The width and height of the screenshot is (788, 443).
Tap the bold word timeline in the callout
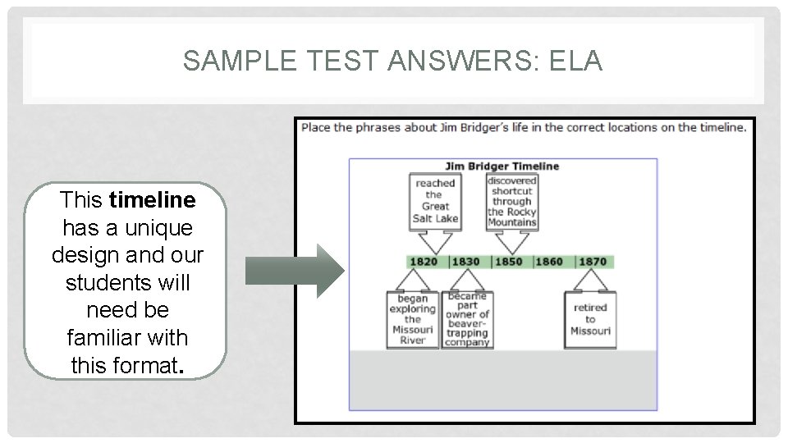pyautogui.click(x=152, y=200)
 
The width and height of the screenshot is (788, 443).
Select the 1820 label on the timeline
pyautogui.click(x=424, y=262)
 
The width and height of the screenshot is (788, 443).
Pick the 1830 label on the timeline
pyautogui.click(x=465, y=262)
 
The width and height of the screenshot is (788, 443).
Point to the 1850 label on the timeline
pyautogui.click(x=508, y=262)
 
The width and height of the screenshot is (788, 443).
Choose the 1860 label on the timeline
pyautogui.click(x=549, y=262)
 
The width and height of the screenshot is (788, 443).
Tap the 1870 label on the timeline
pyautogui.click(x=592, y=262)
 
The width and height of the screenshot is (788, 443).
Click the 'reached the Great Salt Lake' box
pyautogui.click(x=435, y=201)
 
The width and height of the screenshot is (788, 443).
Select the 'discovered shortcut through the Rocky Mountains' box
pyautogui.click(x=511, y=201)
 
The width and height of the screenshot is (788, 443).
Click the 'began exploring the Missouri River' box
pyautogui.click(x=412, y=320)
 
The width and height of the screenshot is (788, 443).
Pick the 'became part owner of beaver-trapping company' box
pyautogui.click(x=467, y=320)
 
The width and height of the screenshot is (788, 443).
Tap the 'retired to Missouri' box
pyautogui.click(x=590, y=320)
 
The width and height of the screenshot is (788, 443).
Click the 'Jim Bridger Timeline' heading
pyautogui.click(x=502, y=166)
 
